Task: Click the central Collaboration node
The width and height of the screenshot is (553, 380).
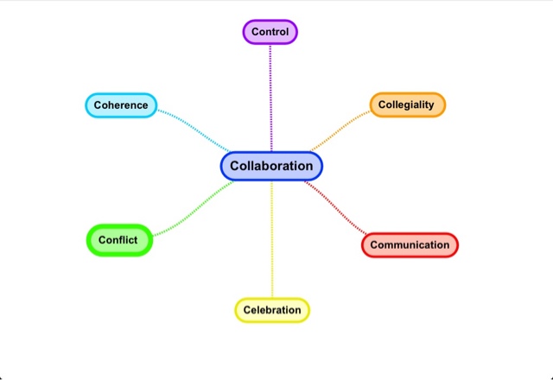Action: (x=271, y=166)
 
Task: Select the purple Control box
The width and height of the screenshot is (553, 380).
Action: (x=270, y=32)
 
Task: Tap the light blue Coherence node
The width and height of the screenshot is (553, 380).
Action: (x=121, y=105)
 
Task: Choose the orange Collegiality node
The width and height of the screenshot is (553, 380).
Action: (x=408, y=104)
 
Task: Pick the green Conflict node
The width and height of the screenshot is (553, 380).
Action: (x=118, y=239)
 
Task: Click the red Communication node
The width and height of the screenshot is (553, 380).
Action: (x=410, y=244)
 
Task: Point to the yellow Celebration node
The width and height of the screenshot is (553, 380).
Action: (x=272, y=309)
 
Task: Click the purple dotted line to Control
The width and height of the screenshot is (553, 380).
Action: (x=270, y=95)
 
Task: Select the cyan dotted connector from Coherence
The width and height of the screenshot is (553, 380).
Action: (x=194, y=128)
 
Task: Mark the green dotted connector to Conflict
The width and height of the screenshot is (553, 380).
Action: (x=194, y=211)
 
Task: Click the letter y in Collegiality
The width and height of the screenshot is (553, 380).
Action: (x=430, y=106)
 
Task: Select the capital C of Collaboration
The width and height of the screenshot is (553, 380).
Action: (x=235, y=166)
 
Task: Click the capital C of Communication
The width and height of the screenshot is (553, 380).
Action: (x=374, y=244)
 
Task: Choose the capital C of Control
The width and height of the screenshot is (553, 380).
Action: (x=255, y=32)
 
